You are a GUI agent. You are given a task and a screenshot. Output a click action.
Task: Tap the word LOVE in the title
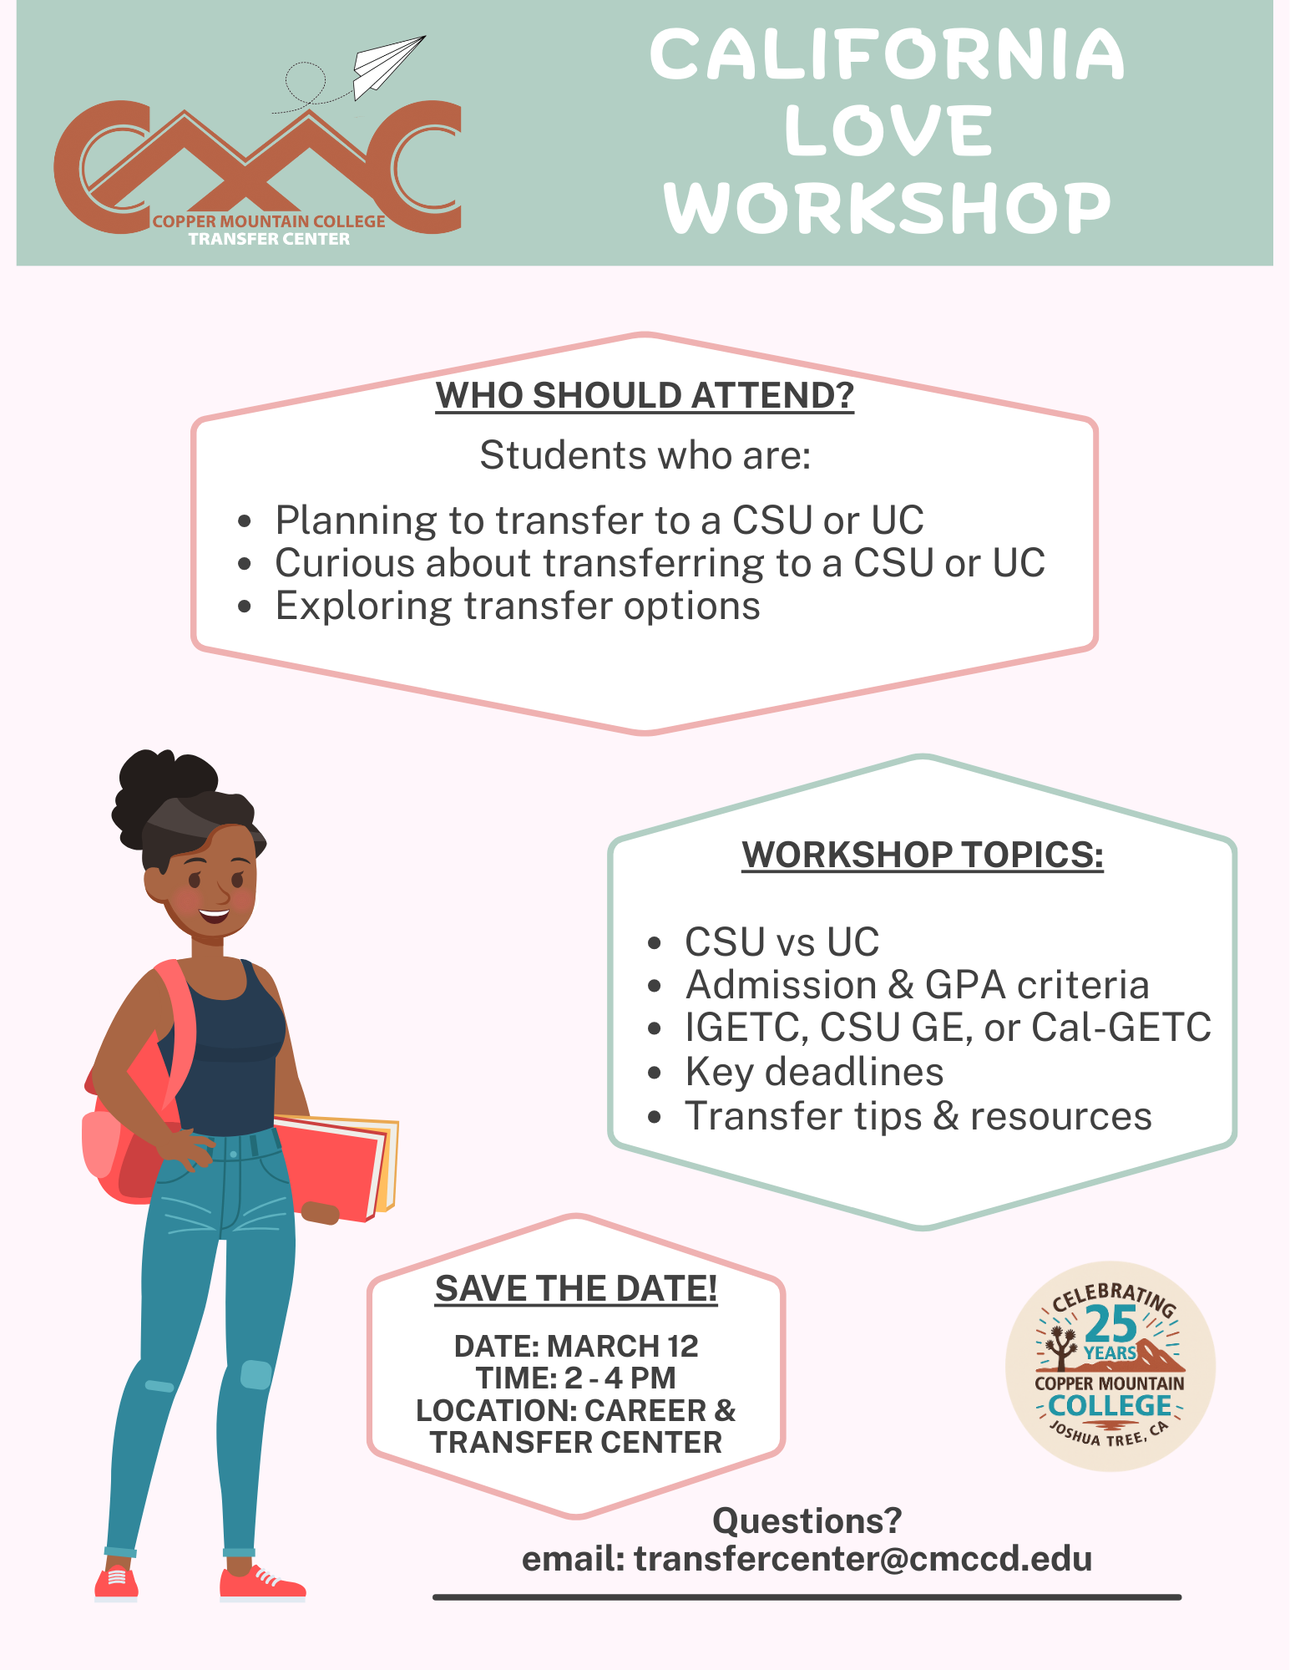(x=888, y=131)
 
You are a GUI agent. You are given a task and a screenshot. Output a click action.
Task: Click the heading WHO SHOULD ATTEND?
(x=645, y=395)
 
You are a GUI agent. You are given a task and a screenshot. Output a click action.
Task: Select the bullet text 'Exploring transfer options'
(x=518, y=607)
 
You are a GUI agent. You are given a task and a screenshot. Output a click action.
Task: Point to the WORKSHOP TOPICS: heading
(x=923, y=855)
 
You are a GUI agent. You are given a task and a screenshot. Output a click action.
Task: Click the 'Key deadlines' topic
(x=814, y=1072)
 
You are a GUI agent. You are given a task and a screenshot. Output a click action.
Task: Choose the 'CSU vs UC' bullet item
(x=782, y=942)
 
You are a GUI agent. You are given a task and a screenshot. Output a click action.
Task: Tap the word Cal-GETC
(x=1121, y=1028)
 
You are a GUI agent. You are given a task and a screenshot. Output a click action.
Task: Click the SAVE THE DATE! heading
(x=576, y=1289)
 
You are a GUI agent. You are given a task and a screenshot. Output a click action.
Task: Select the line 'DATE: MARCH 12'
(x=576, y=1346)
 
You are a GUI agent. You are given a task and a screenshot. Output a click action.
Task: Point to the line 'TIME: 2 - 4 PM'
(x=576, y=1378)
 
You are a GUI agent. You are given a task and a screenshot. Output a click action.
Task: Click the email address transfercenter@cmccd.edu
(x=863, y=1559)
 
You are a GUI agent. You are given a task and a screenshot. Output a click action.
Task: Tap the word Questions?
(x=807, y=1520)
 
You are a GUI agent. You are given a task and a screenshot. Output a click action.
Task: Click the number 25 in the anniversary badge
(x=1110, y=1324)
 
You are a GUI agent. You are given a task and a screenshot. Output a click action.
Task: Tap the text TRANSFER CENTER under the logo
(x=269, y=239)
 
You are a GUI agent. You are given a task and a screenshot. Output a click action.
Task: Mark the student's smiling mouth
(x=214, y=914)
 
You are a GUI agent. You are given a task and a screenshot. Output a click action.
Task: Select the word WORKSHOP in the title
(x=888, y=208)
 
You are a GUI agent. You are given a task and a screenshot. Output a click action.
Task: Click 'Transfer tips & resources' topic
(x=918, y=1116)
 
